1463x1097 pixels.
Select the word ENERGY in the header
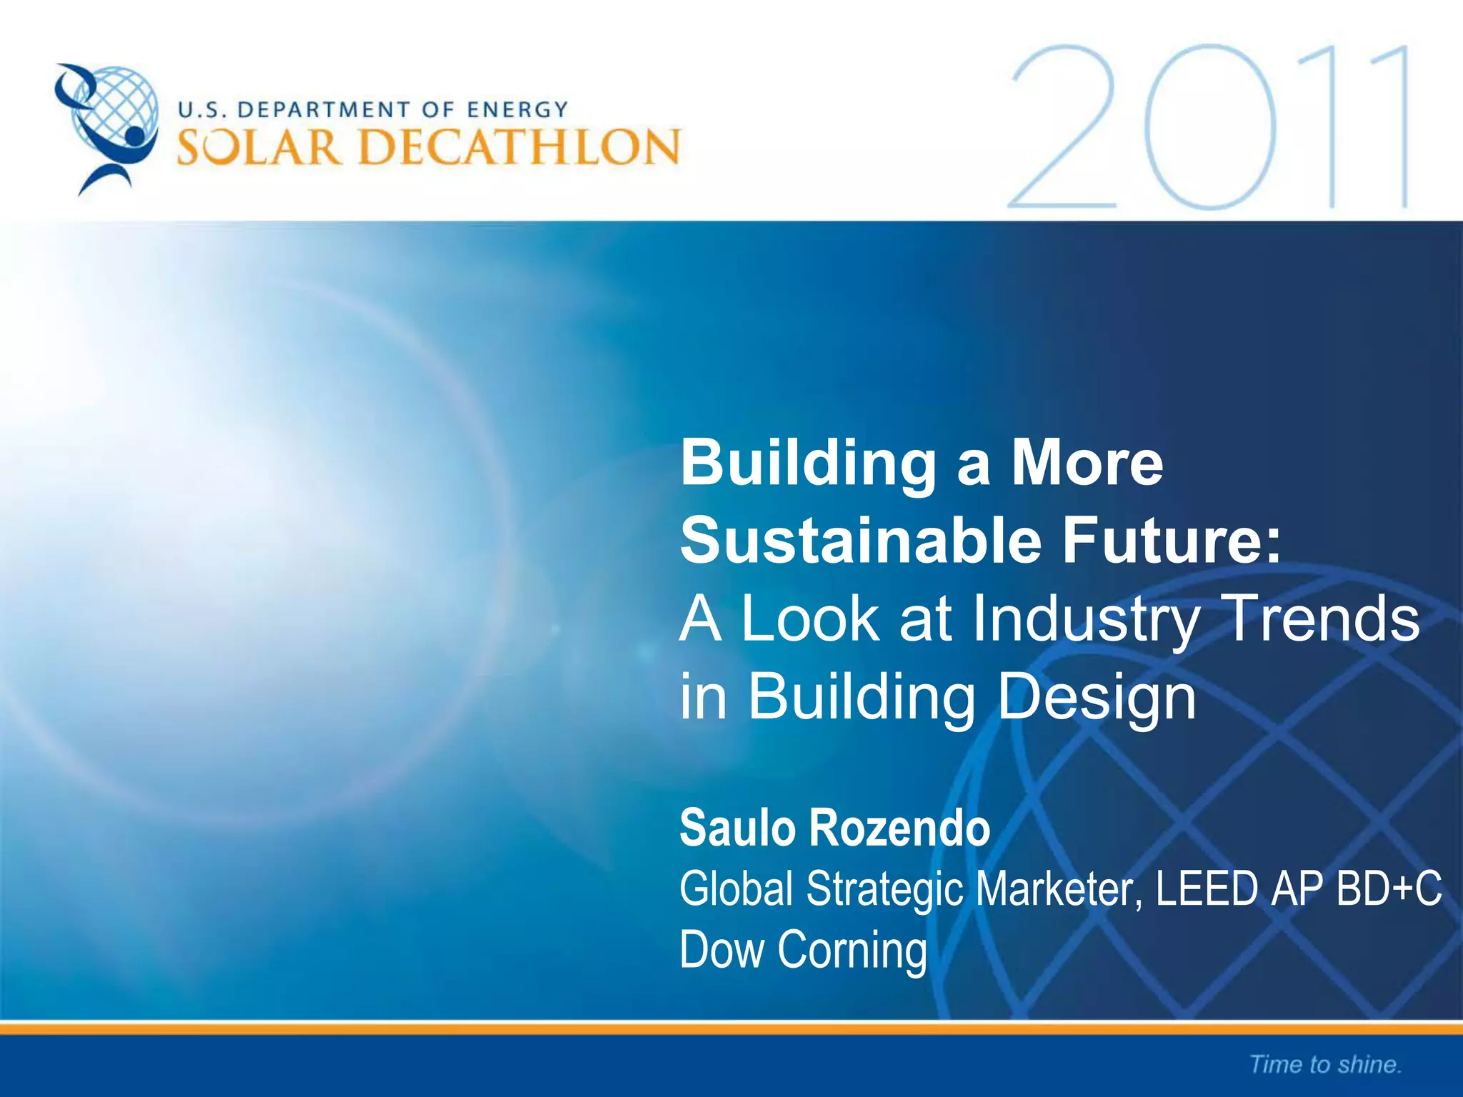517,110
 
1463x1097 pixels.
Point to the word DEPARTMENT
324,110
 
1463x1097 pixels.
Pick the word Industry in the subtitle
1086,618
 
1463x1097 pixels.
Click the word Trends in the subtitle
1322,618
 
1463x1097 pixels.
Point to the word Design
1096,697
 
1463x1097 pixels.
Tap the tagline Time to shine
1326,1064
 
